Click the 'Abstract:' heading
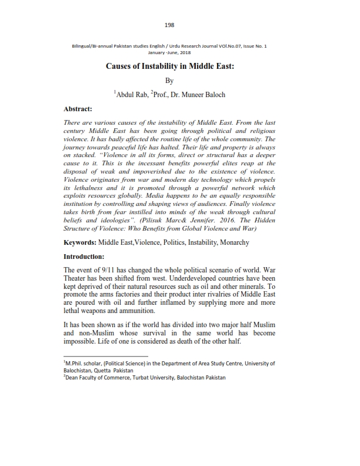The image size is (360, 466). tap(80, 109)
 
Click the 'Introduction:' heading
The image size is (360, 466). tap(84, 257)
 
